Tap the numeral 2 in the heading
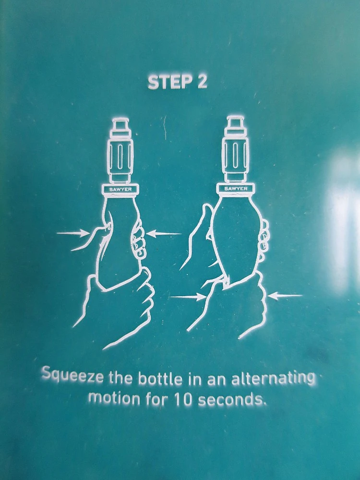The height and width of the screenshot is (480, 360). point(202,82)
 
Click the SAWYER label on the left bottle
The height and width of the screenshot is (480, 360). point(120,190)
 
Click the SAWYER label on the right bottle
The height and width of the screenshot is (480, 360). point(236,189)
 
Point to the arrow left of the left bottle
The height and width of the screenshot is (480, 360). point(73,234)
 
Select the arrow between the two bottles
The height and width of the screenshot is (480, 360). point(164,234)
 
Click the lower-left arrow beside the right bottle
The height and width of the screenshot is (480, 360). point(187,296)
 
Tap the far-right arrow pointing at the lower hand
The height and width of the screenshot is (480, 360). point(285,296)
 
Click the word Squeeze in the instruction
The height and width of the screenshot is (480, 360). point(72,376)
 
